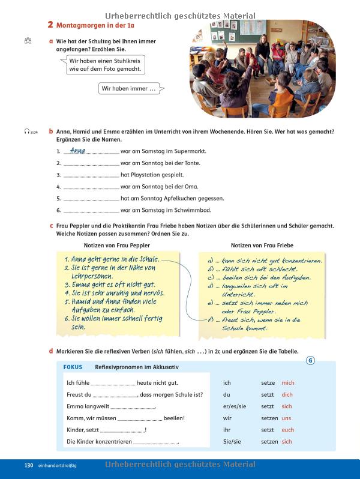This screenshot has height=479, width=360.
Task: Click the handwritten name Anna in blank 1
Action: pyautogui.click(x=78, y=151)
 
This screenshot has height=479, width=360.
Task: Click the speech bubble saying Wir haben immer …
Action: pyautogui.click(x=129, y=89)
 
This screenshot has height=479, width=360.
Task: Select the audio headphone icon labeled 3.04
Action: pyautogui.click(x=28, y=131)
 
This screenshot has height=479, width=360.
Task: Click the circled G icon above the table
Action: pyautogui.click(x=310, y=360)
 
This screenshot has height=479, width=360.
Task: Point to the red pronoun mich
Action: pyautogui.click(x=288, y=383)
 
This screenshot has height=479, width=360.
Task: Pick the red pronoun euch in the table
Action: pyautogui.click(x=288, y=430)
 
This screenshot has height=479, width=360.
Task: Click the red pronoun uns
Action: pyautogui.click(x=287, y=418)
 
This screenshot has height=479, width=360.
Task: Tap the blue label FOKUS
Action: pyautogui.click(x=73, y=367)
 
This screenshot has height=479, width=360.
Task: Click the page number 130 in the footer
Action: pyautogui.click(x=28, y=465)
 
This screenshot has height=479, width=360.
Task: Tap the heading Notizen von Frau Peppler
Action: pyautogui.click(x=117, y=245)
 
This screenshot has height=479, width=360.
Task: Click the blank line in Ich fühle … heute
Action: pyautogui.click(x=112, y=384)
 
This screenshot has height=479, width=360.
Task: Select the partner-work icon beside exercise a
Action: pyautogui.click(x=28, y=41)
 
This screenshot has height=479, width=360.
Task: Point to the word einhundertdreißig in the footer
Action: pyautogui.click(x=57, y=465)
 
